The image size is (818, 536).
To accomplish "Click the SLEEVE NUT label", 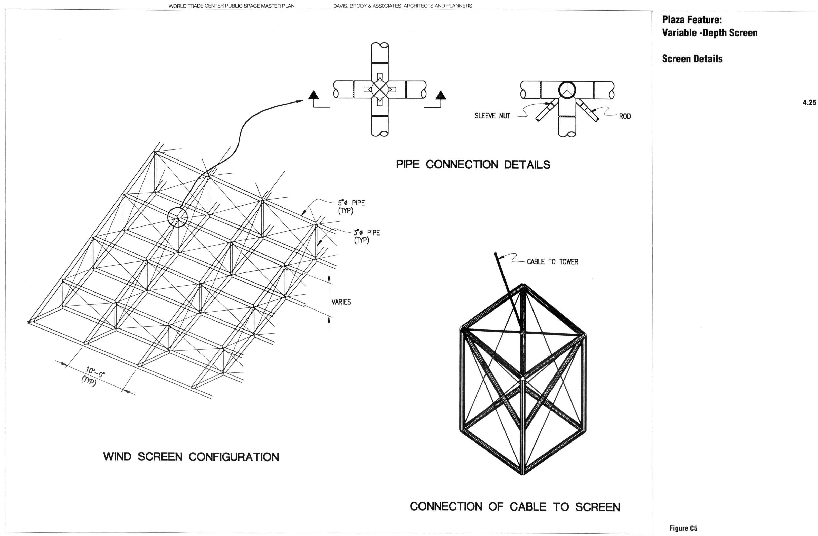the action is click(492, 116).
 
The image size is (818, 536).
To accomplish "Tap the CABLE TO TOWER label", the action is click(552, 262).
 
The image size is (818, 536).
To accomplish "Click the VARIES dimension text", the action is click(341, 302).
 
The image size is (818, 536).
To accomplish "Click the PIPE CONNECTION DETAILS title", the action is click(473, 165).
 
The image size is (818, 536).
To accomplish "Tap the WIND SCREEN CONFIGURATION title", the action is click(191, 457).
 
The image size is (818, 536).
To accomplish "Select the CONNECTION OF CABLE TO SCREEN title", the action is click(515, 507).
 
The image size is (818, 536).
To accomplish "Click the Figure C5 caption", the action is click(683, 528).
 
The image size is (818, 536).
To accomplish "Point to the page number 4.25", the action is click(809, 102).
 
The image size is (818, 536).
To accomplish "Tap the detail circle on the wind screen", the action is click(177, 218).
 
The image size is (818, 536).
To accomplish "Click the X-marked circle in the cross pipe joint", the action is click(379, 89).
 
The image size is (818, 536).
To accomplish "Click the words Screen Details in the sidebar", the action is click(692, 59).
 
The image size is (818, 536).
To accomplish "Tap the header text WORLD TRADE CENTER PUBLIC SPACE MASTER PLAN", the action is click(231, 6).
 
